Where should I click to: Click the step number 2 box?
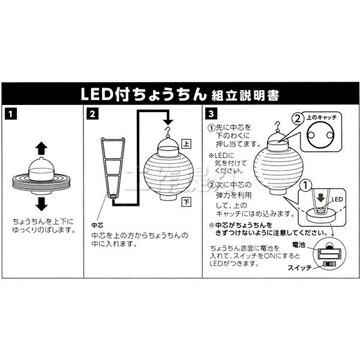click(x=91, y=113)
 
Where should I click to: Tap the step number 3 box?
click(x=211, y=113)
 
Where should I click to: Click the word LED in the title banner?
click(x=96, y=95)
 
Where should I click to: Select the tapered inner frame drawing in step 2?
click(x=113, y=168)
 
